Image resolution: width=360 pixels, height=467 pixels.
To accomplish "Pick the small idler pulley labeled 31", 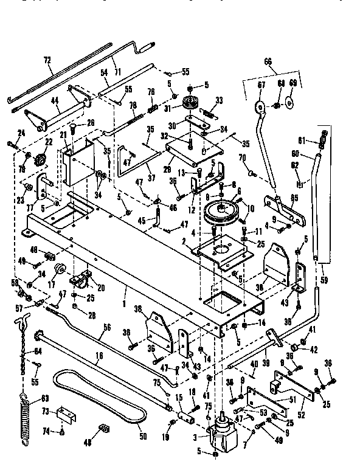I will click(x=193, y=102).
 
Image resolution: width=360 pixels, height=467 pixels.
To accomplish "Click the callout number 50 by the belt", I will click(x=144, y=435).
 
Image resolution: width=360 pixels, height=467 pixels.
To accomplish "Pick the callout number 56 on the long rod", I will click(x=106, y=327).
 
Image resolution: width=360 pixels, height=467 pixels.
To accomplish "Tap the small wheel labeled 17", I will click(x=60, y=269).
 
